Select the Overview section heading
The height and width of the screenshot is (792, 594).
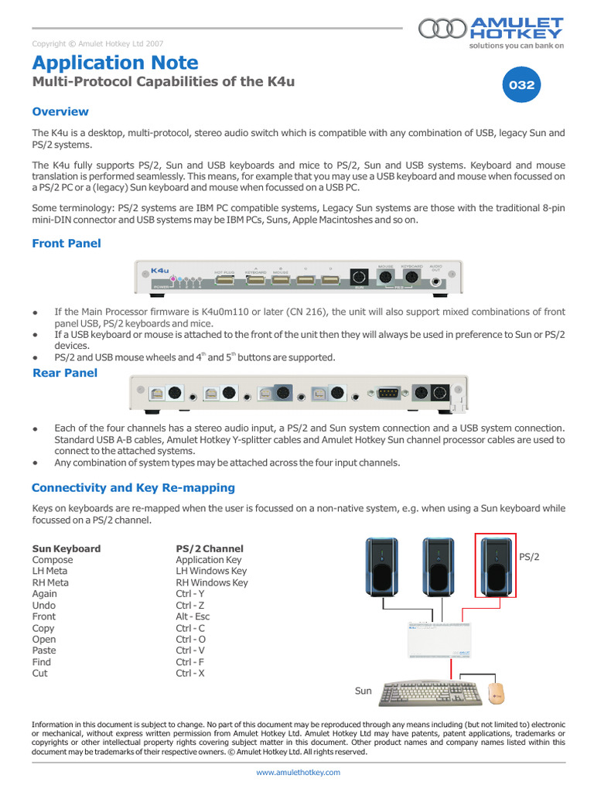(60, 111)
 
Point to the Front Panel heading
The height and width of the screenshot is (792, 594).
(67, 243)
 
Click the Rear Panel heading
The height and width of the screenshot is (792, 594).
(65, 373)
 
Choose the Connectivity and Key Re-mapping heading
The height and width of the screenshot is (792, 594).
(133, 487)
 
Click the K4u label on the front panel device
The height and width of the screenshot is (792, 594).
(160, 270)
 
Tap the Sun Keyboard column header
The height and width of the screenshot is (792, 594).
(67, 548)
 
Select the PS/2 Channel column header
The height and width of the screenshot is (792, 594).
(209, 548)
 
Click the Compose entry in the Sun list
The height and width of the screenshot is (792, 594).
(53, 560)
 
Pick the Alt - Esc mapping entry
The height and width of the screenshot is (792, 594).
(193, 616)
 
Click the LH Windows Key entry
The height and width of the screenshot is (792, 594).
(211, 571)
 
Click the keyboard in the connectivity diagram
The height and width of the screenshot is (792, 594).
(429, 691)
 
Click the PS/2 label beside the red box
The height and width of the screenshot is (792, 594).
(530, 556)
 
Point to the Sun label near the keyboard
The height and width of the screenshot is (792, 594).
(364, 691)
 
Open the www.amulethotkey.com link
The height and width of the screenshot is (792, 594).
(298, 772)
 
